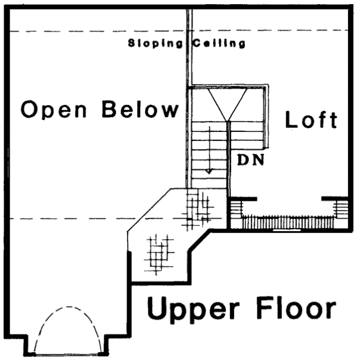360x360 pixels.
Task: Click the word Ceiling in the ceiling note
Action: (x=218, y=44)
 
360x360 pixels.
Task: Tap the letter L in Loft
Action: (x=291, y=119)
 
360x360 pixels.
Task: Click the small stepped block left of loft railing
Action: (x=236, y=210)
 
